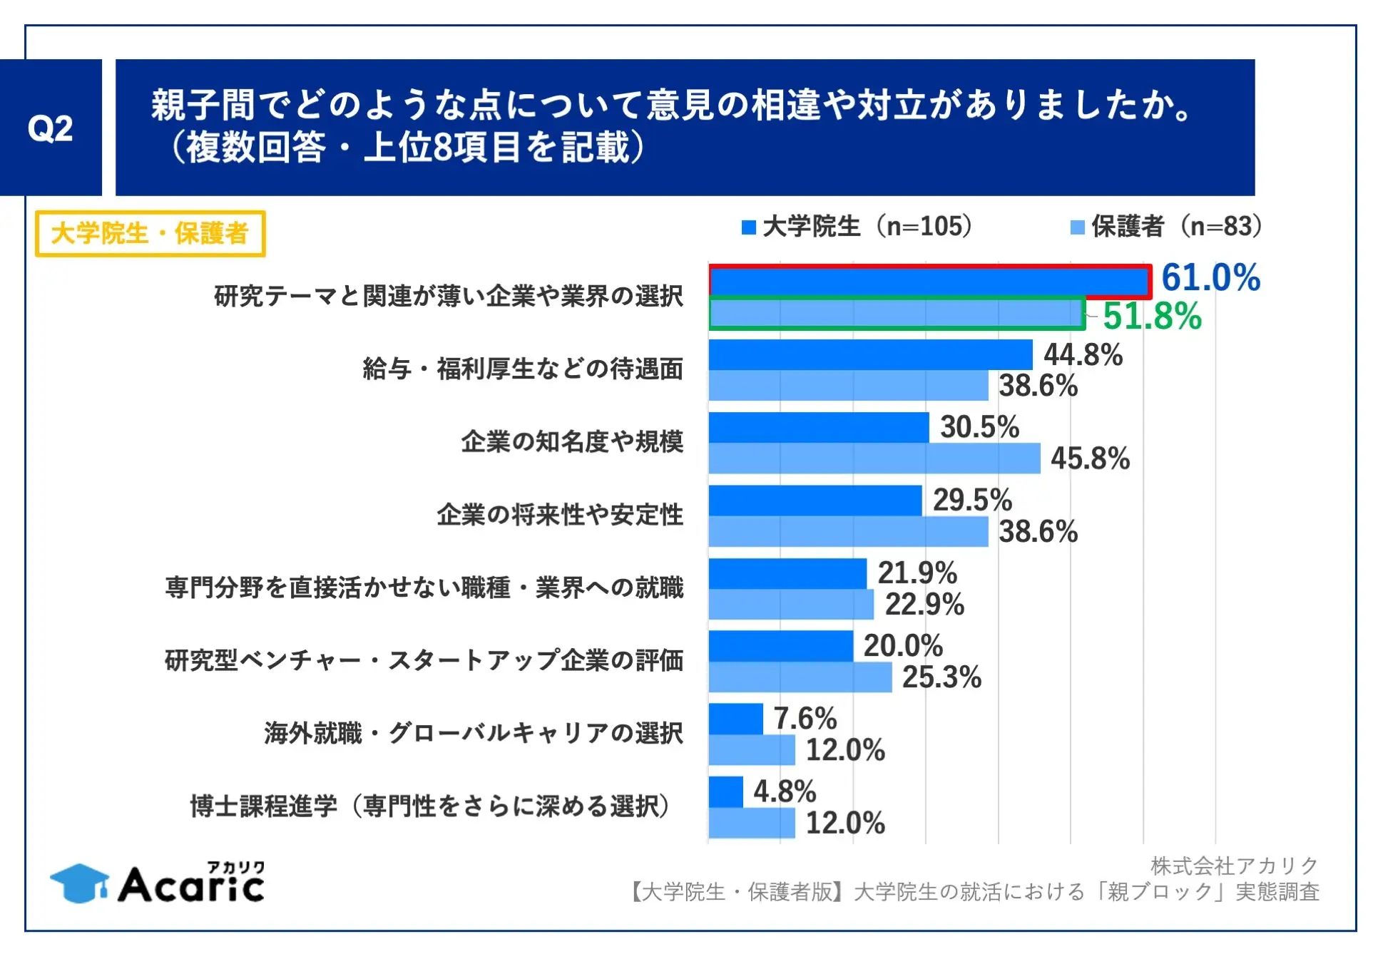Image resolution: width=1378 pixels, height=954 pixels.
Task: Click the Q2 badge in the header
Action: pos(51,128)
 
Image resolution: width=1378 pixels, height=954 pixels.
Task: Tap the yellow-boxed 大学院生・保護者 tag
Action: pos(150,233)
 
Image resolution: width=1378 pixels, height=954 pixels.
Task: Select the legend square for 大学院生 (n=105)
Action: pos(748,227)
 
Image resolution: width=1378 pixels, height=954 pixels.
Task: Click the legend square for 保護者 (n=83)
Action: pos(1077,227)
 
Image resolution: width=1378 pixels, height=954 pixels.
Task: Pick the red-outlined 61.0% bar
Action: pos(929,282)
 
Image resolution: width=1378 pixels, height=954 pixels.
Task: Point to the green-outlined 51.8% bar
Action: pos(897,314)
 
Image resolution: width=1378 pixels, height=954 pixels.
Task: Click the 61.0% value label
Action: pos(1210,277)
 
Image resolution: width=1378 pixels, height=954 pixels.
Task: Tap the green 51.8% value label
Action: pos(1152,316)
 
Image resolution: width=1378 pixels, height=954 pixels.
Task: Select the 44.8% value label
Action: pos(1083,354)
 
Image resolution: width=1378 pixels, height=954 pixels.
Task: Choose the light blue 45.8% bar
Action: pos(874,458)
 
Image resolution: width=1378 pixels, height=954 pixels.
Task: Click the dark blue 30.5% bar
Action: pos(818,428)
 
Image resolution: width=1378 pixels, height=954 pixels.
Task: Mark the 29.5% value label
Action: pos(972,500)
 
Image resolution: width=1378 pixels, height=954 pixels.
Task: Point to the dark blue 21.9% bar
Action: pos(787,573)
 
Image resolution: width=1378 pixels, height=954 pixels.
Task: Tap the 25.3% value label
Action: pos(941,677)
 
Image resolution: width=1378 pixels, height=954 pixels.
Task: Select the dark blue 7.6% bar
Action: pos(735,719)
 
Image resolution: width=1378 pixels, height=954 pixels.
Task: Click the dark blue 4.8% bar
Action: pos(725,791)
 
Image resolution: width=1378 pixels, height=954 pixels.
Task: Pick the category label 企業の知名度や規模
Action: pos(572,442)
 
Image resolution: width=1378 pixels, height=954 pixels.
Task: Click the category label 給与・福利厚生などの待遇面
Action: pos(523,369)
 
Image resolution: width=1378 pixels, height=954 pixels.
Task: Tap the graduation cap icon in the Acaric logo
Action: pos(78,883)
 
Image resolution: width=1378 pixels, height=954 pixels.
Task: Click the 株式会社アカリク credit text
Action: pos(1234,866)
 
